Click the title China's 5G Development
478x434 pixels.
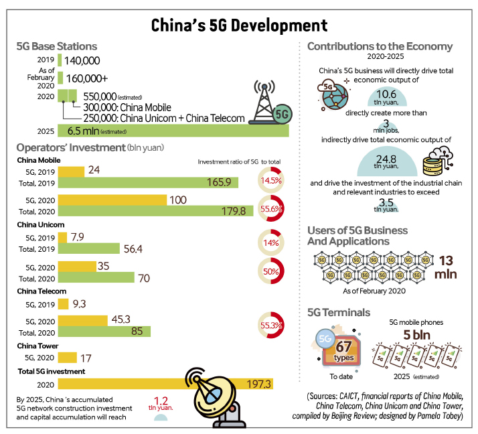coord(239,25)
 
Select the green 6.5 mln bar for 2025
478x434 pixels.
coord(173,131)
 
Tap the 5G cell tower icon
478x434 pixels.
coord(270,102)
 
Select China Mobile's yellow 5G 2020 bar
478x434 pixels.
coord(112,200)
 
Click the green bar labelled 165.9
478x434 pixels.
coord(148,182)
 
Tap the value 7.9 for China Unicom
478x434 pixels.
coord(78,237)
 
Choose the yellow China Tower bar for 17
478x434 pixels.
coord(68,358)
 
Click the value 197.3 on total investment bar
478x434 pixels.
coord(258,384)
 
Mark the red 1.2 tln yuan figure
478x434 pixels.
coord(161,403)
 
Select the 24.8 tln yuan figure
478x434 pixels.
coord(386,161)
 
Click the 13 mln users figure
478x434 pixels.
coord(445,267)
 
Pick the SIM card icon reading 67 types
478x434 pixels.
coord(340,349)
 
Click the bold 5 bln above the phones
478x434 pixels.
coord(416,335)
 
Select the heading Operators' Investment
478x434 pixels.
coord(71,147)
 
